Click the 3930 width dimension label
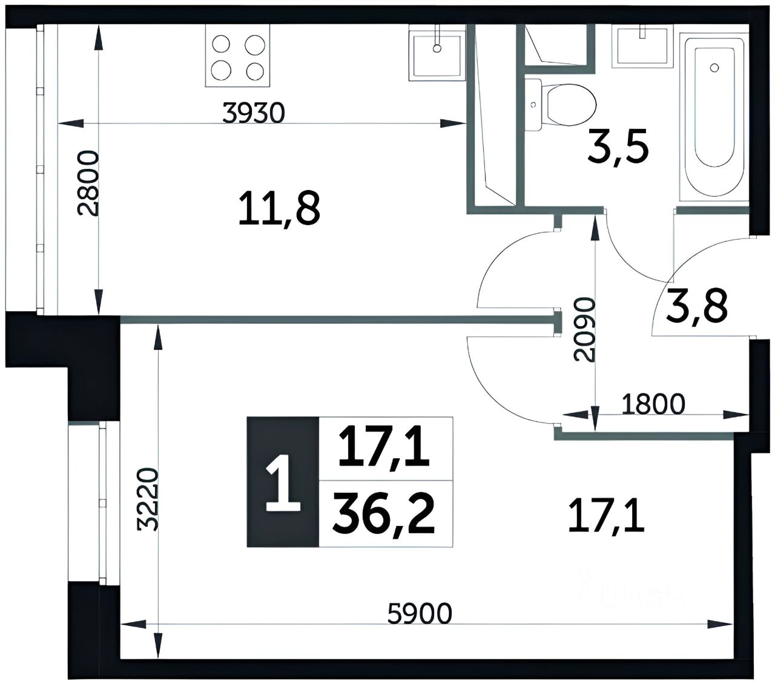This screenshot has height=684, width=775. point(254,113)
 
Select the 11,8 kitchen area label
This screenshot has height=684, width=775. point(279,209)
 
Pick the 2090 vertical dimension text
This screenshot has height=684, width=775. point(584,329)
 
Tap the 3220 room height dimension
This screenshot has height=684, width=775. point(147,499)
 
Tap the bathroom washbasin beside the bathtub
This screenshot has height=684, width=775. point(642,46)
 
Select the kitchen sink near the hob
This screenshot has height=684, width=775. point(437,53)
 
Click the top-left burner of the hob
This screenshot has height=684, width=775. point(221,44)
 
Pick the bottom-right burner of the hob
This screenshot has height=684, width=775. point(255,71)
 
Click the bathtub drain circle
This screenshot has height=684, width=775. point(714,68)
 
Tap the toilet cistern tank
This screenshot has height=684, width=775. point(533,105)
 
